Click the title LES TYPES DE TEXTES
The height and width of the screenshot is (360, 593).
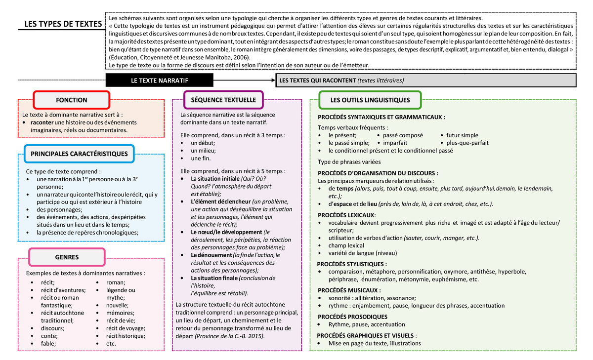[x=63, y=25]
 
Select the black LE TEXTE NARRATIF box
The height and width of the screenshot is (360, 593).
[x=159, y=80]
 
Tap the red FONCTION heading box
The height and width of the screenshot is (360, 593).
[x=71, y=100]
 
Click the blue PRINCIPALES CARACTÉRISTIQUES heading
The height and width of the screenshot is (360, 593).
[x=79, y=154]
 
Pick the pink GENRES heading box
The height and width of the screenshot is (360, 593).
[x=67, y=257]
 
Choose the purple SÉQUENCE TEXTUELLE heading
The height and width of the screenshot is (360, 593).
[x=223, y=100]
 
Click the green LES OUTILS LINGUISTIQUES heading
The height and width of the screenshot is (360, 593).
[x=370, y=100]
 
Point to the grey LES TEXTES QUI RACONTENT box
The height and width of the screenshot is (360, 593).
[x=425, y=80]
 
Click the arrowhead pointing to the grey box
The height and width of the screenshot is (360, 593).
[x=273, y=80]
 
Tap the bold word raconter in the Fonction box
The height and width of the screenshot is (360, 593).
[x=42, y=122]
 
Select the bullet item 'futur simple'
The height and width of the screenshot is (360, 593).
[x=462, y=135]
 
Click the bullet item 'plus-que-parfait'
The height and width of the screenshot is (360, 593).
[x=467, y=143]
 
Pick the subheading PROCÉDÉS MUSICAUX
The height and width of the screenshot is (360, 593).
[x=349, y=290]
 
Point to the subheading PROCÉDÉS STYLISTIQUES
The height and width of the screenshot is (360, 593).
[x=352, y=264]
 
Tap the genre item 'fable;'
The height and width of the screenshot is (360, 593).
[x=48, y=343]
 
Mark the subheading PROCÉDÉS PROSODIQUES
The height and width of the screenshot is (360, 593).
[x=352, y=317]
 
